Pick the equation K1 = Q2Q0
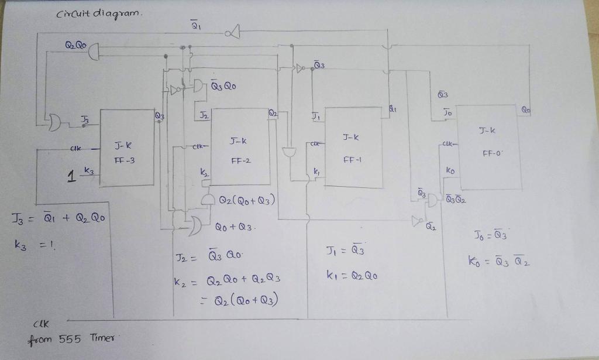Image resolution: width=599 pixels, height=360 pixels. click(x=351, y=275)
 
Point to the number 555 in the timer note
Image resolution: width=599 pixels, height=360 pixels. click(x=71, y=338)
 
